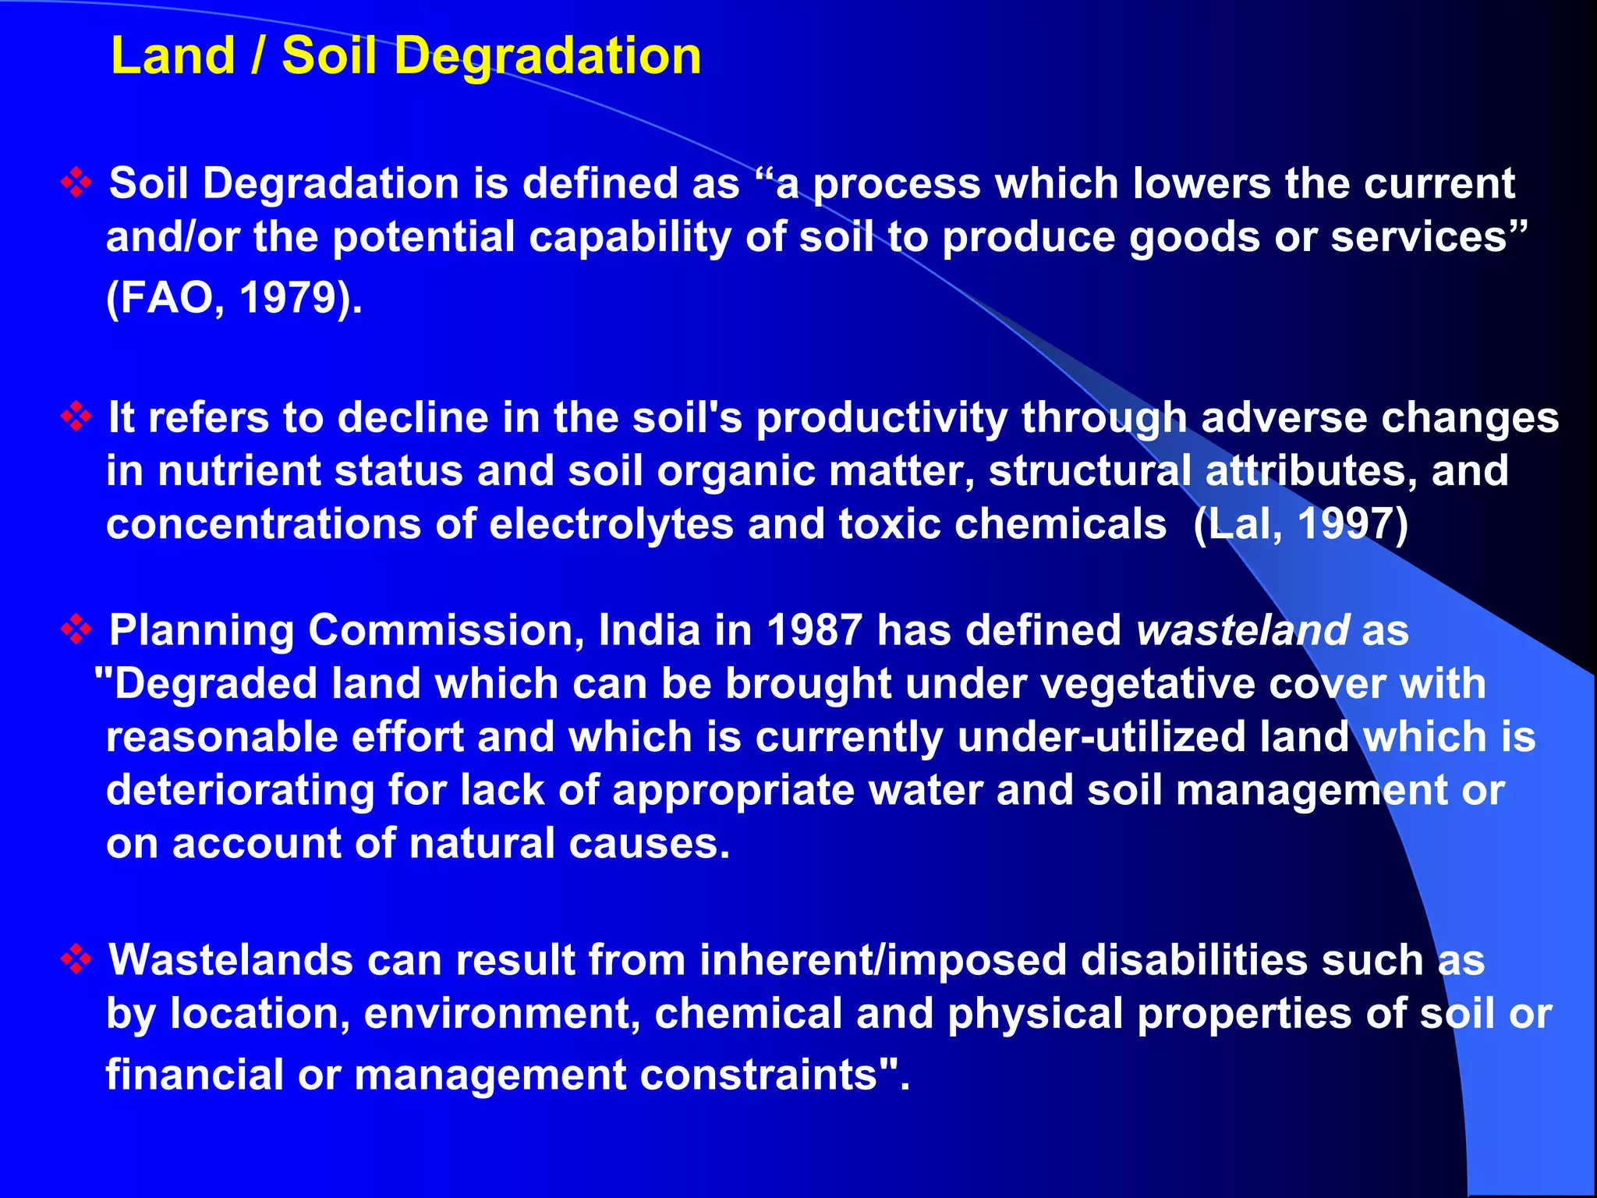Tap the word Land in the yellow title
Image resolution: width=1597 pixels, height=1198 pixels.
pyautogui.click(x=172, y=57)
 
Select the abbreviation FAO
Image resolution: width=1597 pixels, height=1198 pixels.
pyautogui.click(x=164, y=297)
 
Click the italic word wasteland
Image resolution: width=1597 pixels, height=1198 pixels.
pyautogui.click(x=1242, y=629)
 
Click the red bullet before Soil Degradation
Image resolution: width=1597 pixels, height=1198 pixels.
pyautogui.click(x=76, y=183)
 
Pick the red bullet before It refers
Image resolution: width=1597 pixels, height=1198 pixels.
pyautogui.click(x=76, y=416)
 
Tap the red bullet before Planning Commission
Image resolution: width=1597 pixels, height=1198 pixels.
pyautogui.click(x=76, y=629)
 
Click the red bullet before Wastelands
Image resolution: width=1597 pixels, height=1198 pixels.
pyautogui.click(x=76, y=959)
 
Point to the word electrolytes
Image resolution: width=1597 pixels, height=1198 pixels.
pyautogui.click(x=611, y=523)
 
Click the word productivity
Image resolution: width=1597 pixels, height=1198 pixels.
pyautogui.click(x=882, y=418)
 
